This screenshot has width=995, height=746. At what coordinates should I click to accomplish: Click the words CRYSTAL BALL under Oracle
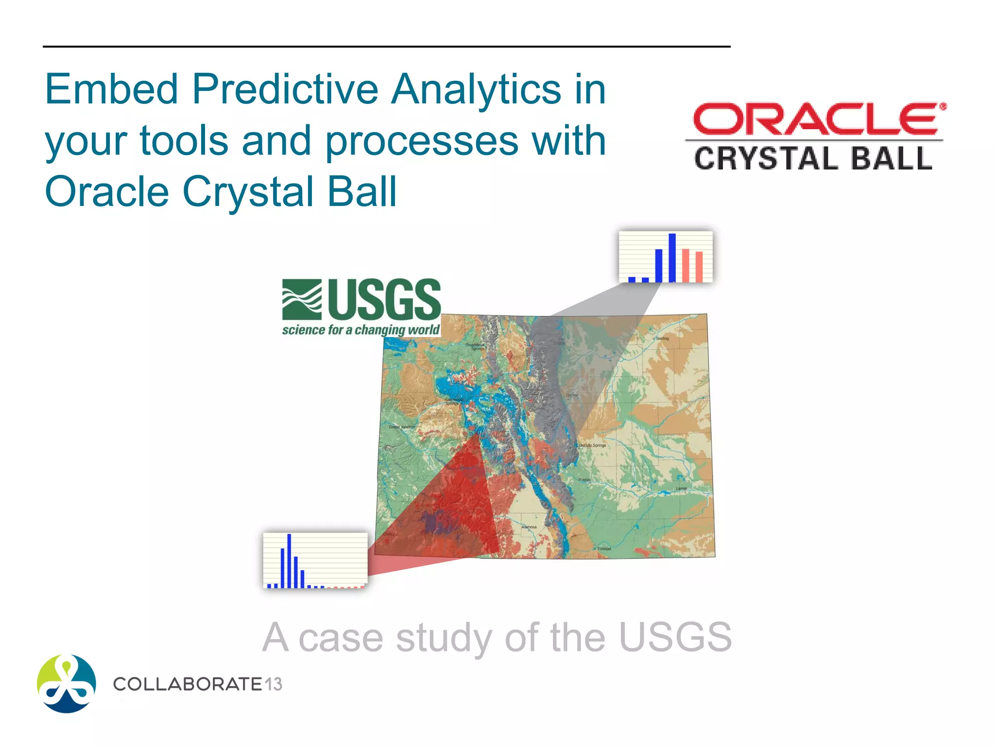click(x=813, y=159)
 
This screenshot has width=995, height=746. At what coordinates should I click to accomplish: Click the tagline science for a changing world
click(x=360, y=330)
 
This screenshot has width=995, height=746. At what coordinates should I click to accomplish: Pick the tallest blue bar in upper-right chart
click(x=672, y=258)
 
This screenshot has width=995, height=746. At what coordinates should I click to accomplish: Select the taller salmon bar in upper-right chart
click(x=686, y=265)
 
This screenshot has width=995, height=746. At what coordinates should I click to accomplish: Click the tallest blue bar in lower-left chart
click(x=289, y=560)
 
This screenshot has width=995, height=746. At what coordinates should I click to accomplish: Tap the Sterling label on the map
click(x=662, y=338)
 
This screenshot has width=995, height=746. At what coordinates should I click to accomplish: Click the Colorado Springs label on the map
click(x=591, y=445)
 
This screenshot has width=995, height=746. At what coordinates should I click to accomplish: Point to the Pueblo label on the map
click(x=584, y=480)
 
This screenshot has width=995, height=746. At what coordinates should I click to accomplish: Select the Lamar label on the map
click(x=682, y=489)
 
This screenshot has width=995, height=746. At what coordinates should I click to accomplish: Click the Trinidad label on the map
click(x=604, y=549)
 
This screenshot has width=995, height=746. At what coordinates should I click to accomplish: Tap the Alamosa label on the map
click(x=529, y=527)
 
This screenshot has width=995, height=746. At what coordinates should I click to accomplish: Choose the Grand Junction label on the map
click(x=402, y=427)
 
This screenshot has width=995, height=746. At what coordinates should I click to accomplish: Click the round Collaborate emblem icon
click(x=67, y=683)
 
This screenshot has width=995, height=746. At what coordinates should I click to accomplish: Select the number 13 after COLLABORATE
click(x=274, y=684)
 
